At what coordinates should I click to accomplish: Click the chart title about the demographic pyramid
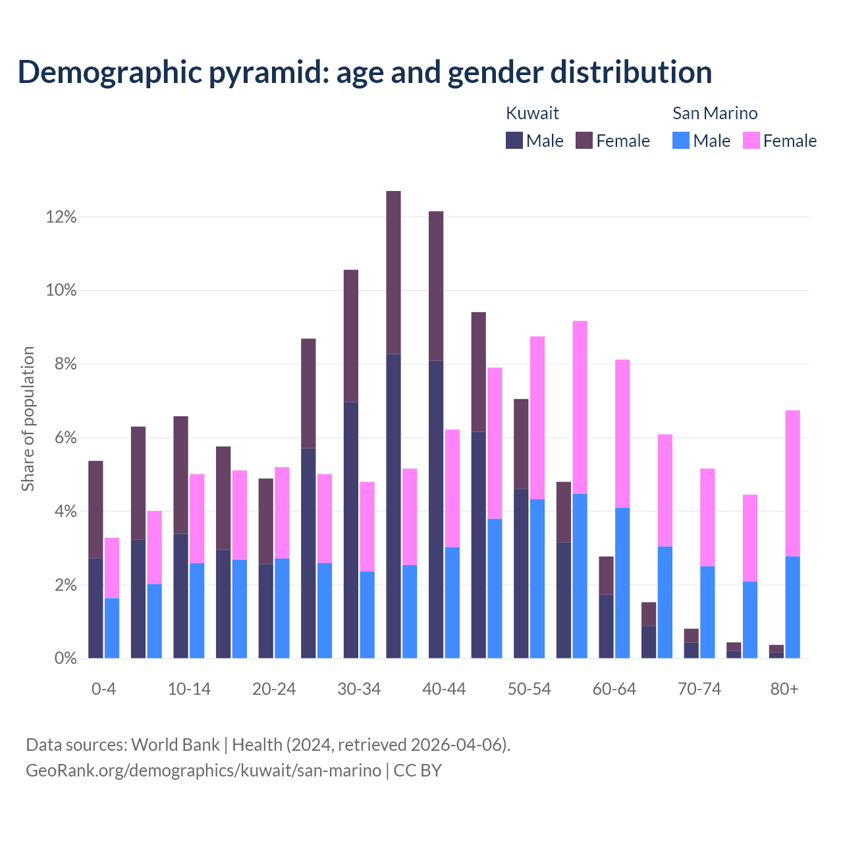pyautogui.click(x=364, y=72)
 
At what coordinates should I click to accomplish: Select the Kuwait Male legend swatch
pyautogui.click(x=514, y=140)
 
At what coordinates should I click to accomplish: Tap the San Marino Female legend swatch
pyautogui.click(x=751, y=140)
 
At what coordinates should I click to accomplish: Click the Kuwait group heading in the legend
pyautogui.click(x=532, y=113)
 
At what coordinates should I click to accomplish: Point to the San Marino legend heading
pyautogui.click(x=715, y=113)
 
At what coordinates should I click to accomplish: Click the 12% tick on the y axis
pyautogui.click(x=61, y=217)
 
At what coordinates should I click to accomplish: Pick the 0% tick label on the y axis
pyautogui.click(x=65, y=658)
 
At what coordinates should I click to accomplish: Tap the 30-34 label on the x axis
pyautogui.click(x=359, y=689)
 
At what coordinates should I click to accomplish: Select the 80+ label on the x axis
pyautogui.click(x=784, y=689)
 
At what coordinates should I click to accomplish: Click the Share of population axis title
pyautogui.click(x=28, y=419)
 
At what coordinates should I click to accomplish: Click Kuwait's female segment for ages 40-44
pyautogui.click(x=436, y=286)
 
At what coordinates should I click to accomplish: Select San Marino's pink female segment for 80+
pyautogui.click(x=793, y=483)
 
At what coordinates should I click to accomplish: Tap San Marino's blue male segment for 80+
pyautogui.click(x=793, y=607)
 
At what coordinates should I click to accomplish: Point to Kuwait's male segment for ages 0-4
pyautogui.click(x=95, y=608)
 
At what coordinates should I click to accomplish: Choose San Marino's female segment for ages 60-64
pyautogui.click(x=622, y=433)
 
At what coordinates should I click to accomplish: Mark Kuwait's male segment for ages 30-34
pyautogui.click(x=351, y=530)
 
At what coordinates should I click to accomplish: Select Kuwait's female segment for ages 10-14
pyautogui.click(x=180, y=475)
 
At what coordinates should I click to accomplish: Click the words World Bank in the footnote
pyautogui.click(x=175, y=745)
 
